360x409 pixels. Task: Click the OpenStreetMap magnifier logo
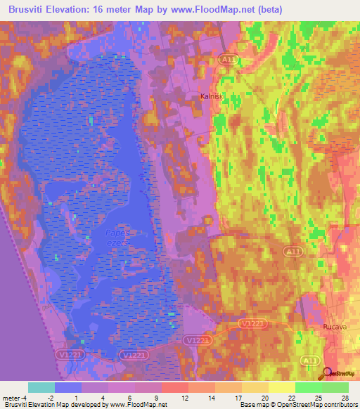(326, 374)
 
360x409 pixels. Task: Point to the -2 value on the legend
(50, 398)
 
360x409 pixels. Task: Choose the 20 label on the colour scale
(264, 398)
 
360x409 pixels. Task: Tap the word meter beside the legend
(13, 398)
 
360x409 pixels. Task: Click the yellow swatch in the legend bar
(282, 387)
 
